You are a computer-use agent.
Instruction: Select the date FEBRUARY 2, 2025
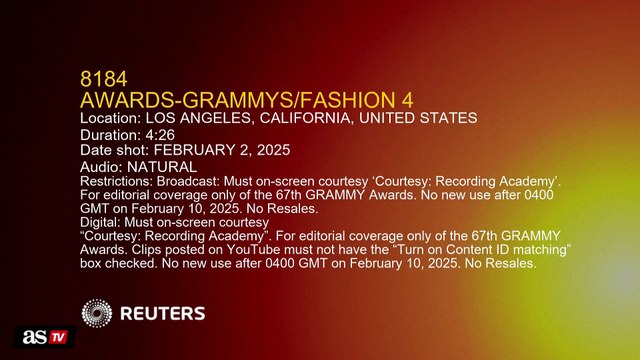tap(226, 149)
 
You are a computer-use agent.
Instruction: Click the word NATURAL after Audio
tap(161, 165)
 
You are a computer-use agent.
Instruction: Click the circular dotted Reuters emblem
tap(98, 314)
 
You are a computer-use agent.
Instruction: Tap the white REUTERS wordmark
tap(163, 314)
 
